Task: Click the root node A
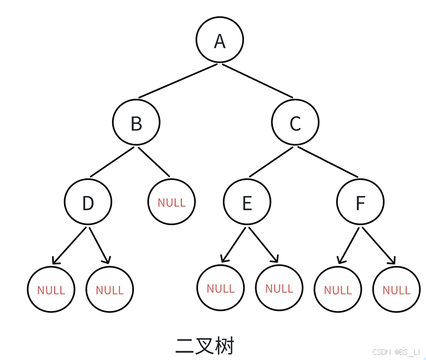[220, 40]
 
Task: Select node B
[136, 123]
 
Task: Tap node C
[295, 123]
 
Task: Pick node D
[88, 202]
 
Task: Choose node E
[247, 202]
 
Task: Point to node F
[360, 202]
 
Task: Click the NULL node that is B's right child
[172, 202]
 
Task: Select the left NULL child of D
[51, 290]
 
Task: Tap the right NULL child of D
[110, 290]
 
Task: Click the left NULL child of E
[221, 288]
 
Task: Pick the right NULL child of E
[279, 288]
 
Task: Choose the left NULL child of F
[338, 290]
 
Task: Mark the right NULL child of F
[397, 290]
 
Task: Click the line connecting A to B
[178, 81]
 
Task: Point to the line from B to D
[113, 162]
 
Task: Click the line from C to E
[271, 162]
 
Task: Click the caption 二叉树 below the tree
[205, 345]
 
